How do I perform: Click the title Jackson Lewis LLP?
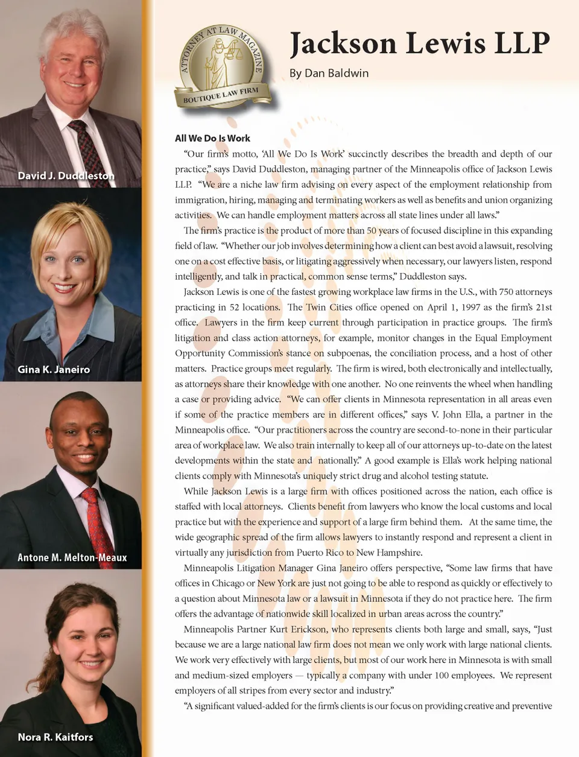pyautogui.click(x=420, y=43)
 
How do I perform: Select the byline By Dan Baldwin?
pyautogui.click(x=329, y=73)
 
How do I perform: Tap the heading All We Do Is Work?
pyautogui.click(x=212, y=138)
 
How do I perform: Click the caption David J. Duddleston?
pyautogui.click(x=66, y=176)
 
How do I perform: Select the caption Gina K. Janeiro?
pyautogui.click(x=54, y=369)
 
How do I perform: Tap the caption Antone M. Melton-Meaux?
pyautogui.click(x=72, y=557)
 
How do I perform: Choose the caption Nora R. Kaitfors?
pyautogui.click(x=55, y=736)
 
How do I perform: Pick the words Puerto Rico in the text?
pyautogui.click(x=320, y=553)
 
